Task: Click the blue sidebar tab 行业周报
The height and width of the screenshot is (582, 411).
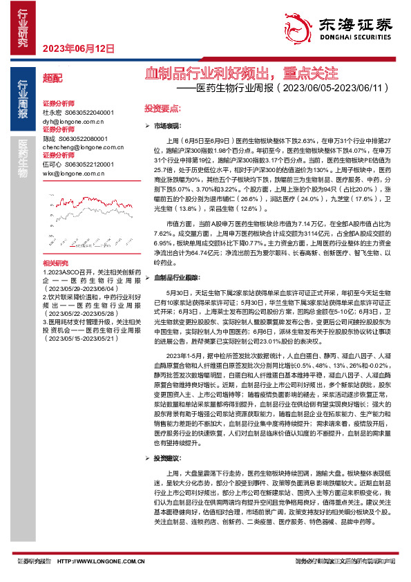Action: tap(22, 101)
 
